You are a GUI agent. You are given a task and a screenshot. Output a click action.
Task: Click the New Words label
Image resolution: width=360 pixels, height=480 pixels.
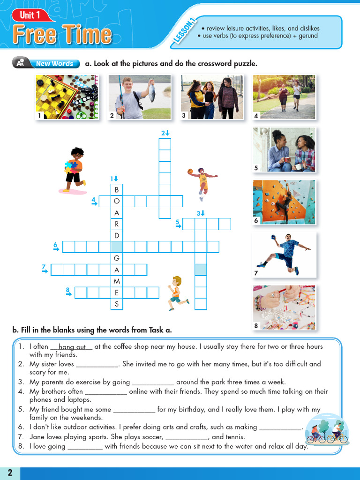54,64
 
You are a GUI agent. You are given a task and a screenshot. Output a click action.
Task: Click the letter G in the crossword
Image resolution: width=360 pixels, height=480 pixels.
117,258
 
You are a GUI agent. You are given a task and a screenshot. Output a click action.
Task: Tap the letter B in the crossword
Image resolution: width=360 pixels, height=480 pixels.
117,190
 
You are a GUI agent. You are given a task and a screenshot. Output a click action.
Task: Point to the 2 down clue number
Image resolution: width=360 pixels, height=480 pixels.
164,133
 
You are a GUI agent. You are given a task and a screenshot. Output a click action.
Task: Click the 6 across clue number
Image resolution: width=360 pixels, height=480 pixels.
55,245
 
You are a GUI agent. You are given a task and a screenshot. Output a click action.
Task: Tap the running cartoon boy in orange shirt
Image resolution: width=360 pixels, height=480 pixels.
178,293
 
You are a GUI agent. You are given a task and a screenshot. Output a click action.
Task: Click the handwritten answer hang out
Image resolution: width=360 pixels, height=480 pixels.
72,347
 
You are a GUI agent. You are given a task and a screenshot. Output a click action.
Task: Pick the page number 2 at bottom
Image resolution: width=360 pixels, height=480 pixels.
10,472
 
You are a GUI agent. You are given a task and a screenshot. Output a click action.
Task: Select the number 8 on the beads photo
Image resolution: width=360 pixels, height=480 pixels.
256,325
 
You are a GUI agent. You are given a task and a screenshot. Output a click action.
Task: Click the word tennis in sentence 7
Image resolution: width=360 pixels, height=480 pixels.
235,437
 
